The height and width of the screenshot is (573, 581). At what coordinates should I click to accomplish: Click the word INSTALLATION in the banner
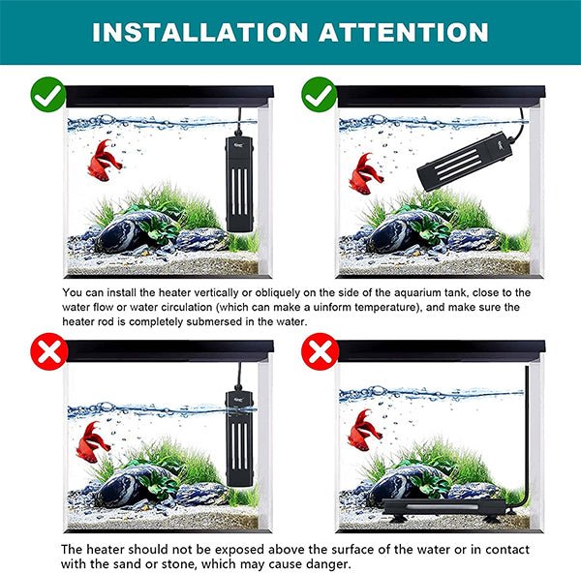(200, 32)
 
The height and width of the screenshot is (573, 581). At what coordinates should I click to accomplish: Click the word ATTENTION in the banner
(404, 32)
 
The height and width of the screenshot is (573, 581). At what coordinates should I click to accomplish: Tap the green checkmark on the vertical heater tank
(48, 95)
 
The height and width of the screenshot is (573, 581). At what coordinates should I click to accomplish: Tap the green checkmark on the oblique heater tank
(320, 95)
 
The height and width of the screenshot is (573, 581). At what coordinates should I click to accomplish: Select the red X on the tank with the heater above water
(49, 350)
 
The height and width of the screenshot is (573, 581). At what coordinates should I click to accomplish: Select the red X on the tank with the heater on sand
(321, 350)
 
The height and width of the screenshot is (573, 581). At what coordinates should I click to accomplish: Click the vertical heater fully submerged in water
(239, 184)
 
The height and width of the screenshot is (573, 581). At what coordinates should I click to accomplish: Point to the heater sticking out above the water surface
(239, 438)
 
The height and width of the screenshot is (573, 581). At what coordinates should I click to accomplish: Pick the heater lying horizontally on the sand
(443, 507)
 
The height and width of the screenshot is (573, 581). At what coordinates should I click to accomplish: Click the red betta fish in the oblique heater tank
(365, 173)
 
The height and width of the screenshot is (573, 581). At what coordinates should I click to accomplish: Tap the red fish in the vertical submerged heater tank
(105, 160)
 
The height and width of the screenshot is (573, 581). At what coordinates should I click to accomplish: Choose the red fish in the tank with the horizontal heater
(364, 430)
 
